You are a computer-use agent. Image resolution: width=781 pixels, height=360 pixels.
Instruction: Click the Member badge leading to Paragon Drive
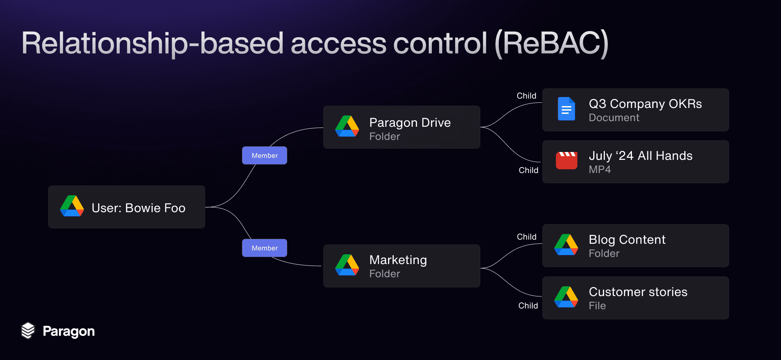(x=264, y=155)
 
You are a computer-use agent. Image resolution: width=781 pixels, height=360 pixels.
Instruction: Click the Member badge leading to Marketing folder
(x=264, y=248)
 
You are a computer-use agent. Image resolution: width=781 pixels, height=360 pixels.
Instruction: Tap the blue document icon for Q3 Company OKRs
(x=566, y=109)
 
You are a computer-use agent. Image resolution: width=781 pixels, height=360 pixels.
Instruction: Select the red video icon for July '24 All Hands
(x=566, y=161)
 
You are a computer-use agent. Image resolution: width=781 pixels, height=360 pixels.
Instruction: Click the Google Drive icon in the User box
(x=72, y=206)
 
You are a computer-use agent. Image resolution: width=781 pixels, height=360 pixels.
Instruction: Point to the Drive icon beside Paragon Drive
(x=347, y=126)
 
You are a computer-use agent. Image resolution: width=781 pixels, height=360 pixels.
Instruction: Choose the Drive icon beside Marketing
(x=347, y=265)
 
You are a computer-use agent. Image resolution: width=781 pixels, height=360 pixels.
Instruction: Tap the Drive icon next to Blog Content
(x=566, y=245)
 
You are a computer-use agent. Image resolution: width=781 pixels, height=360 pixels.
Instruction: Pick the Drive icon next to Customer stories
(x=566, y=297)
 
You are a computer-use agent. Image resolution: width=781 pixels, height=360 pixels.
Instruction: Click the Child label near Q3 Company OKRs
(x=526, y=96)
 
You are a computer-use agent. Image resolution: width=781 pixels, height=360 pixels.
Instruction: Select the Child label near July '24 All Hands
(x=528, y=170)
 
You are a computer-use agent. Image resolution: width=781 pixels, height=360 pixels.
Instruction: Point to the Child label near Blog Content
(x=526, y=237)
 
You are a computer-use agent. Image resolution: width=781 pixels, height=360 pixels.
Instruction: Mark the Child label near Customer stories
(x=528, y=306)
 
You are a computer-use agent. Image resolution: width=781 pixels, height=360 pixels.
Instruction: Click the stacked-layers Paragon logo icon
(x=28, y=331)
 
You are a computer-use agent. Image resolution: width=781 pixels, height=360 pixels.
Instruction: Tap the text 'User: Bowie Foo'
(x=139, y=208)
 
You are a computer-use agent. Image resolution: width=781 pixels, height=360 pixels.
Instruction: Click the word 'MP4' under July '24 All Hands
(x=600, y=170)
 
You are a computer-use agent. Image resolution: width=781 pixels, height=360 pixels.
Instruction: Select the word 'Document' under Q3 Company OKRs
(x=614, y=118)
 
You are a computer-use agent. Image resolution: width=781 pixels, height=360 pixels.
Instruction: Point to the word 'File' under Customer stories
(x=597, y=306)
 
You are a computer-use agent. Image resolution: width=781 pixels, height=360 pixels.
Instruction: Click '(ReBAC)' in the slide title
(x=551, y=44)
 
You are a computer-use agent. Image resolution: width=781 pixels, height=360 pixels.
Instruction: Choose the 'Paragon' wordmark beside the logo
(x=69, y=331)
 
